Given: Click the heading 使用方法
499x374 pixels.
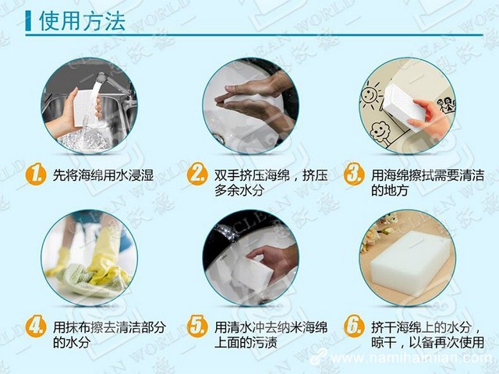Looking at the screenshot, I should [x=81, y=20].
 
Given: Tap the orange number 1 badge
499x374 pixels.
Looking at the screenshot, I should [x=34, y=175].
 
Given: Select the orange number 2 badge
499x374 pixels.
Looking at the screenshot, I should [x=196, y=175].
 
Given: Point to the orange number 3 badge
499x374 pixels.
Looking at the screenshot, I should [x=355, y=175].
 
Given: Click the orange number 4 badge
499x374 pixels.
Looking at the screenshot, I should [x=34, y=325].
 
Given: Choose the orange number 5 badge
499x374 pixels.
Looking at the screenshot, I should [x=196, y=325].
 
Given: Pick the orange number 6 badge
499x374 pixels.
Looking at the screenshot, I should [x=355, y=325].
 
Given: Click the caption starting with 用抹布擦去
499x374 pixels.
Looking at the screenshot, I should [x=103, y=333].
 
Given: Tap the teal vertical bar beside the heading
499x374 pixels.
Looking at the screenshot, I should [x=29, y=20].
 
